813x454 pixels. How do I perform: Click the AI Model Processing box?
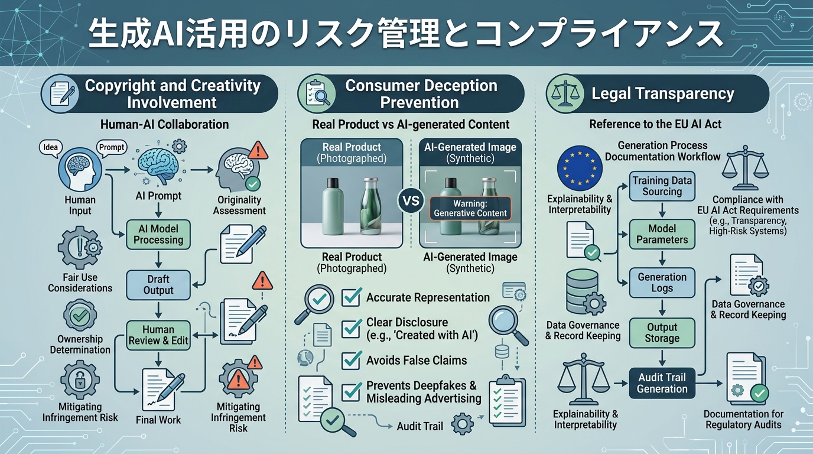tap(158, 234)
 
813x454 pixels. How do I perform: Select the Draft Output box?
tap(158, 284)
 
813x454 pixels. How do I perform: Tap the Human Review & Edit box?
tap(158, 335)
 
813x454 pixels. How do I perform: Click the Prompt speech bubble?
tap(112, 147)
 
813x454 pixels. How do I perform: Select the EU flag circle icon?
tap(580, 167)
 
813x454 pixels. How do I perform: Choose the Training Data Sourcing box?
tap(662, 186)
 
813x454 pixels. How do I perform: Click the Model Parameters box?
tap(662, 234)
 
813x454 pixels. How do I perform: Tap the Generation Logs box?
tap(662, 283)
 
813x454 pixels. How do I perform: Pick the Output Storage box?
tap(662, 333)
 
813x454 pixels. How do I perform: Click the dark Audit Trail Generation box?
tap(662, 383)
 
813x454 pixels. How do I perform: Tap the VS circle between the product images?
tap(411, 200)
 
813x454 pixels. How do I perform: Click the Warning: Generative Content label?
tap(470, 208)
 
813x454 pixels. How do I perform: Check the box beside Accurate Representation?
tap(352, 297)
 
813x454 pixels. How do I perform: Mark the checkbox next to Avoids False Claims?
tap(352, 360)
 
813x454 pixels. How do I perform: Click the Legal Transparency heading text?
tap(662, 93)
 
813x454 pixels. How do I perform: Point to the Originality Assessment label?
tap(239, 205)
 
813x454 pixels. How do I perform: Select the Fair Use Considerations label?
tap(80, 283)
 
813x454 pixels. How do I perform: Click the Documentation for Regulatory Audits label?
tap(743, 419)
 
